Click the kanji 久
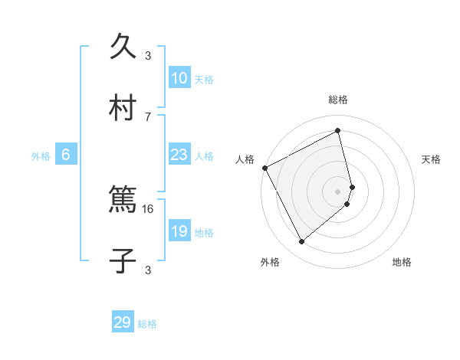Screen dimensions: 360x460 pyautogui.click(x=124, y=47)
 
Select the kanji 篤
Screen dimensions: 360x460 pyautogui.click(x=124, y=201)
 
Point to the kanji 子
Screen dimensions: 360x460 pyautogui.click(x=124, y=261)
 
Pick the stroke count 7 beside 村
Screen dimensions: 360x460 pyautogui.click(x=148, y=116)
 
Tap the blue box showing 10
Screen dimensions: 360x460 pyautogui.click(x=179, y=78)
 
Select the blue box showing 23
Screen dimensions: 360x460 pyautogui.click(x=179, y=155)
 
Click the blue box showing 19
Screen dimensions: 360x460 pyautogui.click(x=179, y=231)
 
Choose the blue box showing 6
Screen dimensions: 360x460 pyautogui.click(x=66, y=155)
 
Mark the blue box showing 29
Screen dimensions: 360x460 pyautogui.click(x=123, y=322)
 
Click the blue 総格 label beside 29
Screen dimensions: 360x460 pyautogui.click(x=147, y=324)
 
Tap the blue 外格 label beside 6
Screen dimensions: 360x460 pyautogui.click(x=41, y=156)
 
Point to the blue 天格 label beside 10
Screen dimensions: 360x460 pyautogui.click(x=203, y=80)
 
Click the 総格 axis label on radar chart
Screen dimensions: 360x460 pyautogui.click(x=338, y=100)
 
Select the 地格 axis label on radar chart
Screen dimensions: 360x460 pyautogui.click(x=402, y=262)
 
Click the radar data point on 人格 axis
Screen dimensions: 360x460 pyautogui.click(x=264, y=168)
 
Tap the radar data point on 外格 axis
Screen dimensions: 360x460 pyautogui.click(x=301, y=242)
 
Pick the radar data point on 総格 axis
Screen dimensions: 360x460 pyautogui.click(x=338, y=130)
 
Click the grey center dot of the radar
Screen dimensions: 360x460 pyautogui.click(x=338, y=191)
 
